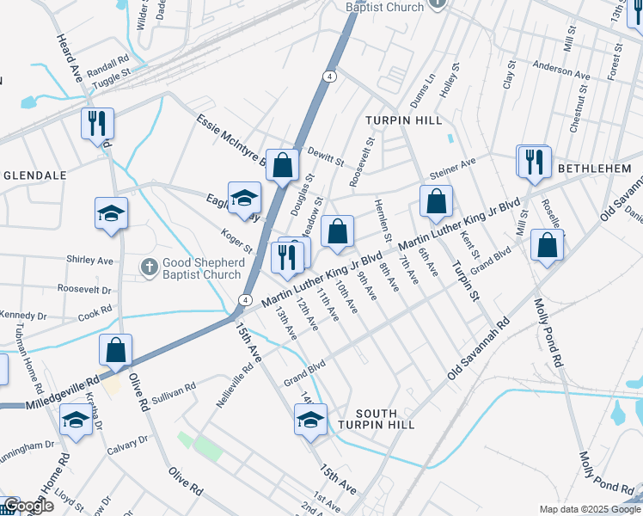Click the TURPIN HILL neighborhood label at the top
[x=395, y=120]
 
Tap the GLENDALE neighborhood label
[x=35, y=175]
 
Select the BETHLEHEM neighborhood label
[x=595, y=169]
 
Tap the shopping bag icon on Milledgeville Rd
[x=115, y=350]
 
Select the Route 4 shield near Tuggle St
[x=330, y=77]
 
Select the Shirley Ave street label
[x=90, y=260]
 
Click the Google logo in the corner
[x=28, y=506]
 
